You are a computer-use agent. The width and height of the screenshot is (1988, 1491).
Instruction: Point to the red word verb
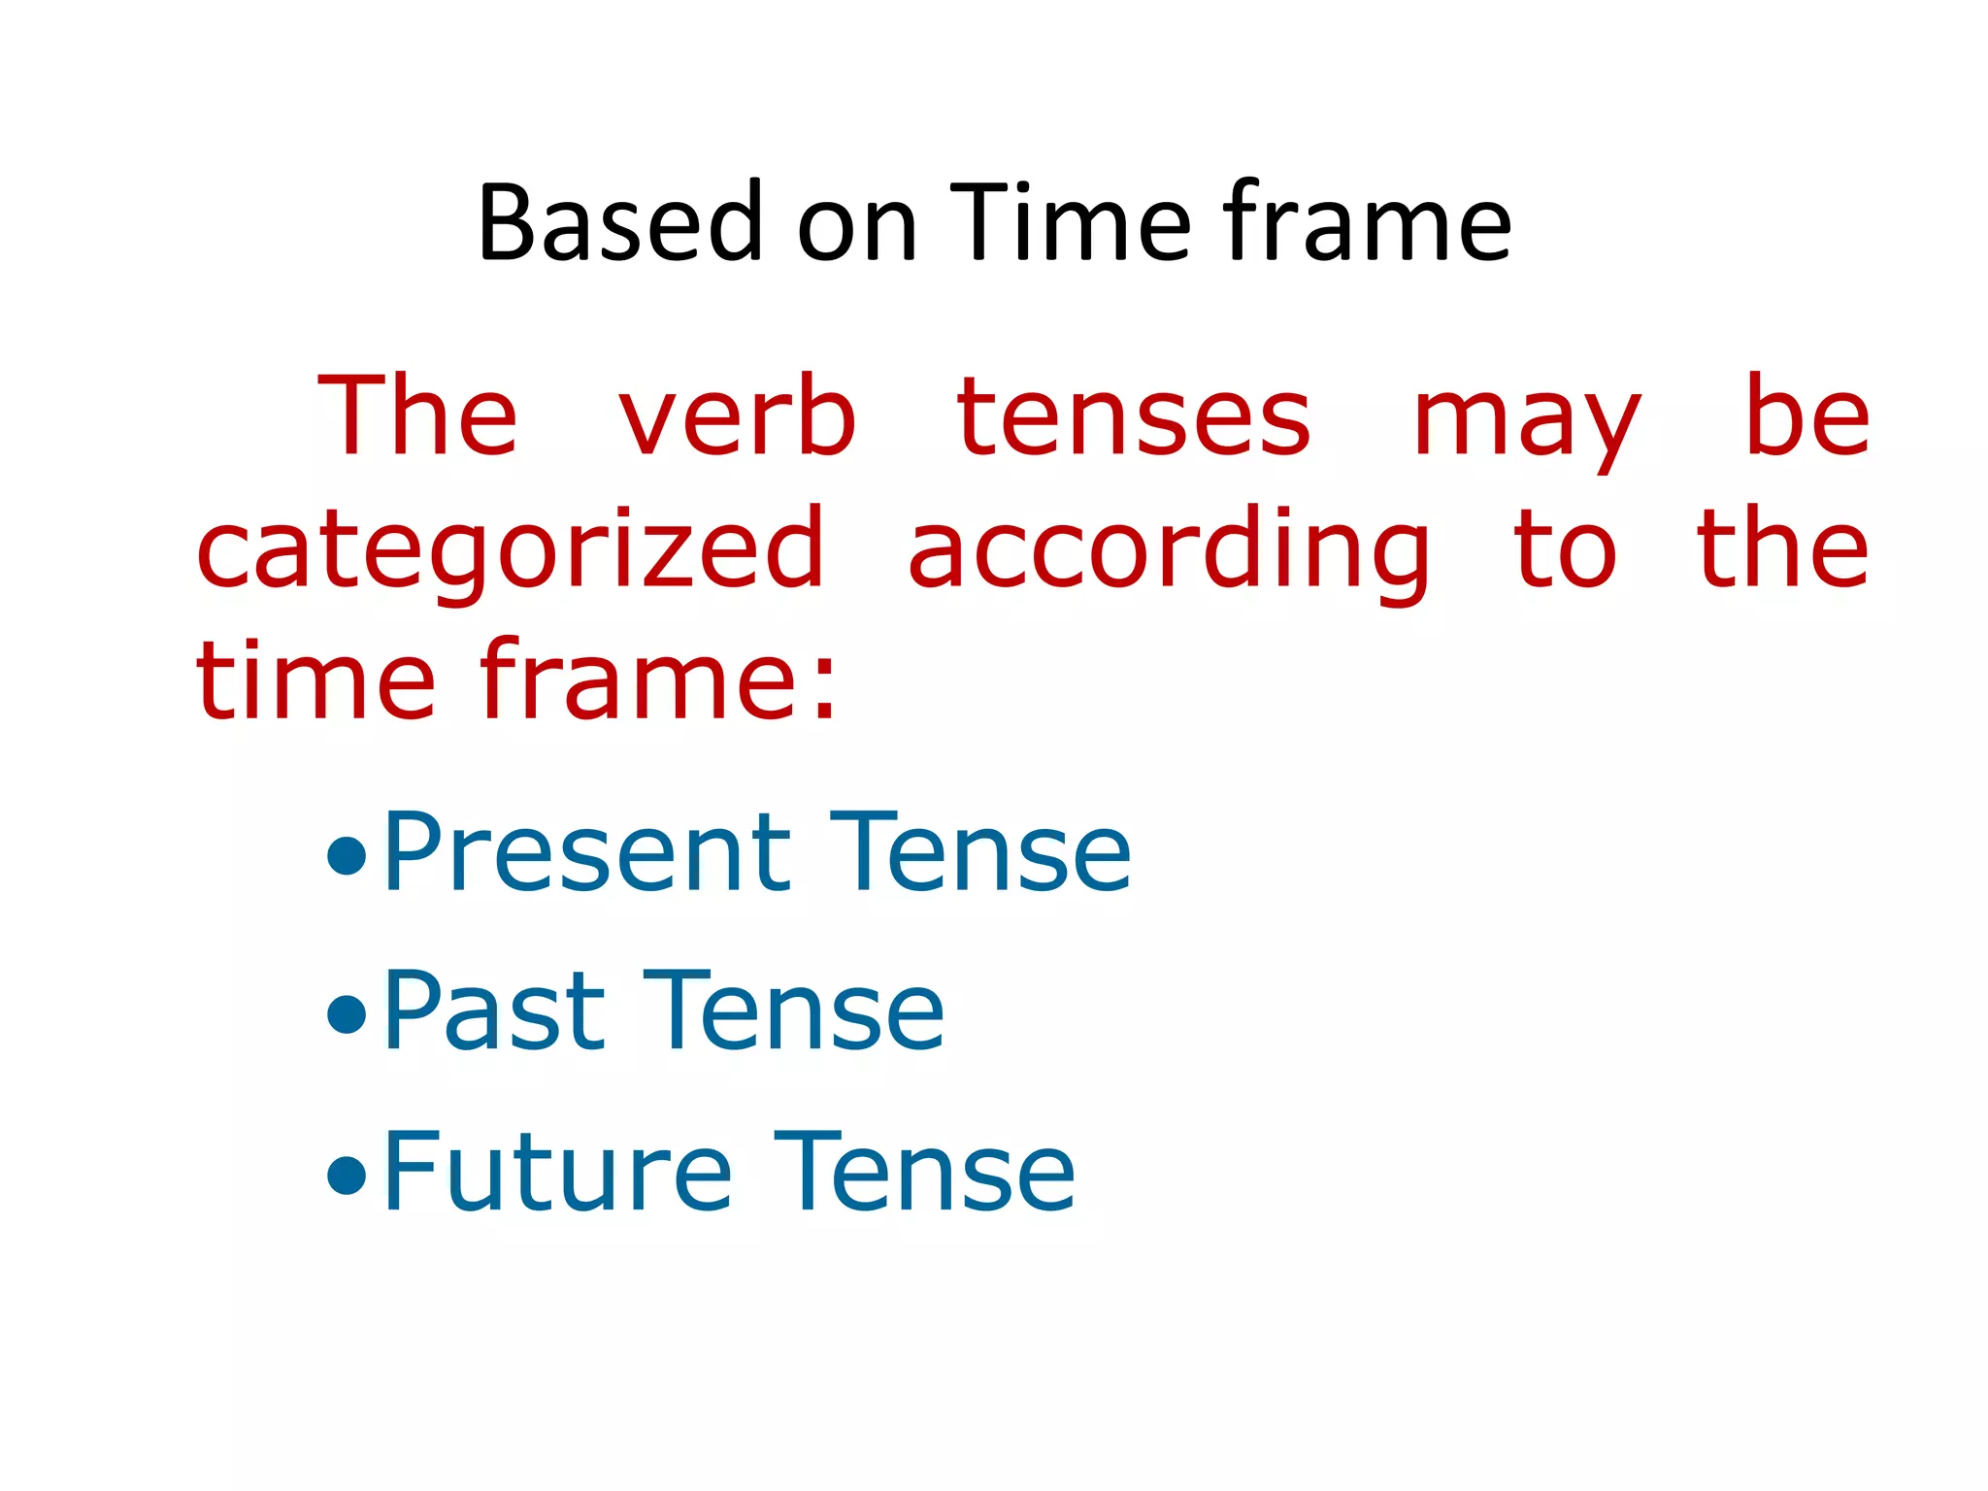point(738,417)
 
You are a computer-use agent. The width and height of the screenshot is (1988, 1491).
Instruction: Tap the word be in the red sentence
point(1807,417)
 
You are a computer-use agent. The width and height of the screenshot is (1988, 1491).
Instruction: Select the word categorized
point(511,551)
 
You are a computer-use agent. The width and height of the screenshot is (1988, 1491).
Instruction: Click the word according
point(1169,551)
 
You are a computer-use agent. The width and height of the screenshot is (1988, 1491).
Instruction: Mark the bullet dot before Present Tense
point(347,856)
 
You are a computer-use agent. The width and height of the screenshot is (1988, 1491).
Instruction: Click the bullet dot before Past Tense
point(347,1015)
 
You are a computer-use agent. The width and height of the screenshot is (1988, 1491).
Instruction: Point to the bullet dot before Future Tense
point(347,1176)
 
